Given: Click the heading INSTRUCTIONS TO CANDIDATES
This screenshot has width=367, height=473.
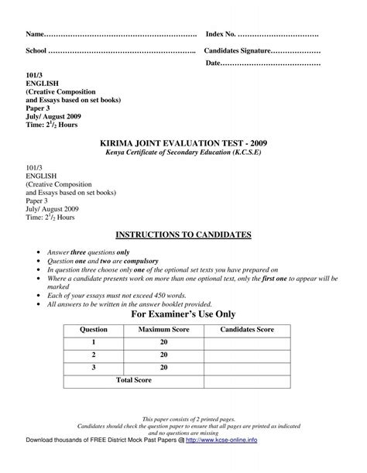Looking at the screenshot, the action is [x=183, y=233].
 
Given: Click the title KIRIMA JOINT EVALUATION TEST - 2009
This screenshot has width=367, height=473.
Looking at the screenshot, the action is [x=183, y=144].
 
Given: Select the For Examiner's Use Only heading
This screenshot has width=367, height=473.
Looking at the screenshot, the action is [x=183, y=314].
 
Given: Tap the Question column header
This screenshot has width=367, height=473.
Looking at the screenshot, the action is [x=94, y=331].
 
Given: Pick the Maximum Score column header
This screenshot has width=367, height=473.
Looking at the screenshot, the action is [x=159, y=331].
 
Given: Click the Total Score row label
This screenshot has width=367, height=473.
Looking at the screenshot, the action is [x=134, y=380].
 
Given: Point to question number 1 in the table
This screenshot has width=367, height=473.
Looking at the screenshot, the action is [x=94, y=343].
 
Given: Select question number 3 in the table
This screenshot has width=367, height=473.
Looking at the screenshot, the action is [x=94, y=368].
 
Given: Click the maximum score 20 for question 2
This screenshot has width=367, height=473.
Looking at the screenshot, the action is [x=163, y=355].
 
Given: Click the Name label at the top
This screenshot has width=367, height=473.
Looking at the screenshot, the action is [x=36, y=36].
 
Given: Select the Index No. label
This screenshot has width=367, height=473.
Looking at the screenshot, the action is [x=221, y=36].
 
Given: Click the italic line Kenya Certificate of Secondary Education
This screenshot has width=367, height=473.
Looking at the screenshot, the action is [x=183, y=153].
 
